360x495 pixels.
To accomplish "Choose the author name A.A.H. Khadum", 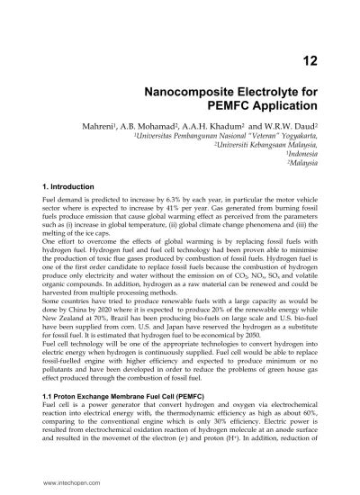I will [x=200, y=129].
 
